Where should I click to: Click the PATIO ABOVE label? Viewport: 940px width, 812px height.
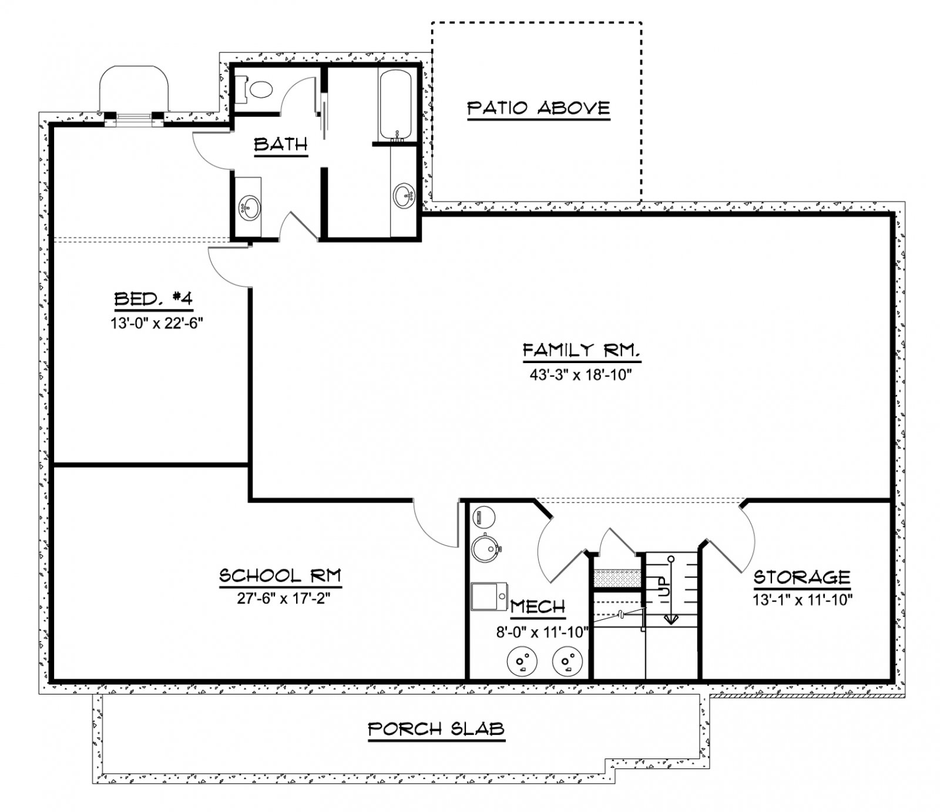(539, 109)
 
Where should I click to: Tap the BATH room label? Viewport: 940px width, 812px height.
(281, 145)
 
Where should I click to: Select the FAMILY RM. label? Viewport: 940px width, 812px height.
(580, 351)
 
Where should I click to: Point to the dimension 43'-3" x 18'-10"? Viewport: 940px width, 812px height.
(580, 375)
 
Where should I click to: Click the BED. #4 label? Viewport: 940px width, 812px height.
(153, 299)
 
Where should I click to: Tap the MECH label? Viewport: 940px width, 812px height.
(538, 607)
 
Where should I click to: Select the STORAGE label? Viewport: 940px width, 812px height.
(802, 577)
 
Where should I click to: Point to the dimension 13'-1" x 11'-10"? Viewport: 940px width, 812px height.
(803, 600)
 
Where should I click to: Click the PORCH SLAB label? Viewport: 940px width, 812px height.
(437, 730)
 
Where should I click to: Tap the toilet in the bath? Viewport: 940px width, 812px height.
(258, 90)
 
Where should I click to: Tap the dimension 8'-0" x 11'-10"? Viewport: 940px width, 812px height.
(542, 632)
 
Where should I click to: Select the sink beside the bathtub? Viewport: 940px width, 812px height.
(404, 195)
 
